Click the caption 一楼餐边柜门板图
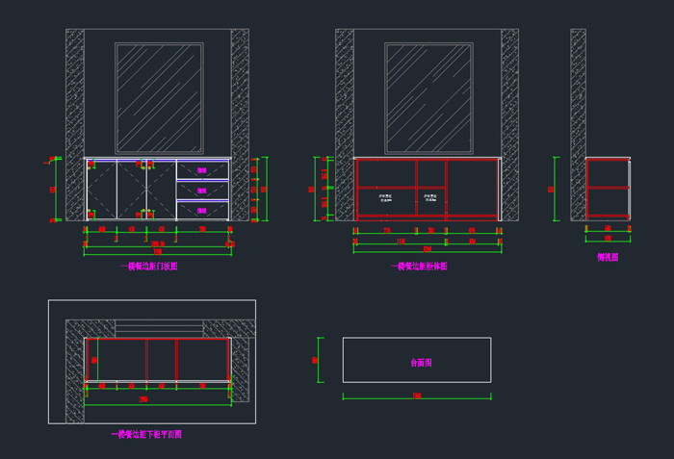(x=149, y=267)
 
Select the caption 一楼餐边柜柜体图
(x=419, y=267)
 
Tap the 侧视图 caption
(x=608, y=258)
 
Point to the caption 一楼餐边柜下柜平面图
(x=146, y=435)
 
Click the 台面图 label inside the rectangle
(x=421, y=363)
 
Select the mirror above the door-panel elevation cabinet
(x=159, y=97)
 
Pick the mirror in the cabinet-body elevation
(x=428, y=97)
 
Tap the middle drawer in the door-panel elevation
(x=202, y=190)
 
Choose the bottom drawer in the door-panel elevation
(x=202, y=210)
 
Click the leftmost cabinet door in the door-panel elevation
(x=101, y=191)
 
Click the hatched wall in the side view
(x=578, y=125)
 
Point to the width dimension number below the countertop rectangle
(x=416, y=395)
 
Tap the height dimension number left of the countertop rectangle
(x=315, y=360)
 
